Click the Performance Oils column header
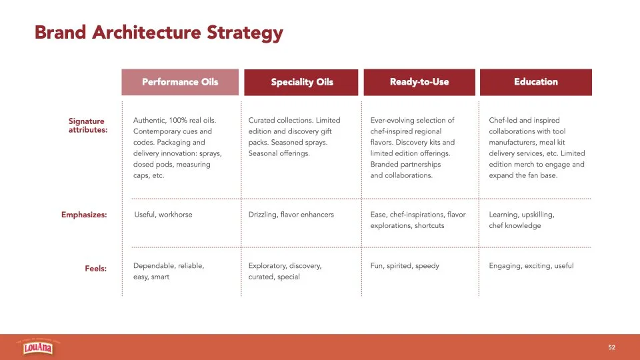point(180,82)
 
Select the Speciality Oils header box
point(301,83)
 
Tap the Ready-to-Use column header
point(419,82)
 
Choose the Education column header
point(535,82)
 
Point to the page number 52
point(611,347)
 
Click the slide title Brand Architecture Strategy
point(159,33)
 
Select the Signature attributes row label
point(87,125)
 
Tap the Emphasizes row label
point(84,215)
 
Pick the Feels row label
point(95,269)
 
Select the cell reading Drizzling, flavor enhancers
point(291,215)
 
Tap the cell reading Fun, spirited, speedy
point(405,266)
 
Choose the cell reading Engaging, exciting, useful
point(531,266)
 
